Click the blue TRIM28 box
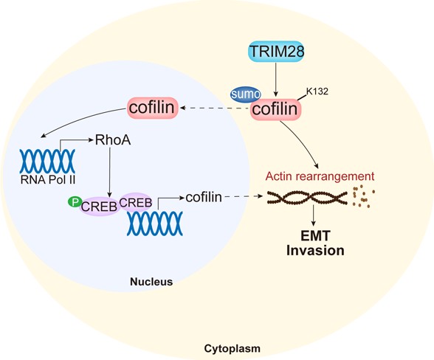276,52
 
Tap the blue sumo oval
246,94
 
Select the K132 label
317,91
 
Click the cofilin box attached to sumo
275,108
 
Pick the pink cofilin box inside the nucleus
152,108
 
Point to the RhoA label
113,139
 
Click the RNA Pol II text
48,180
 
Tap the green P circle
75,202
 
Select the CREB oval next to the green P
100,207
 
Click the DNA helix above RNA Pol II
47,162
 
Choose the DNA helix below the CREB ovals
155,224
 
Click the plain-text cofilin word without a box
204,197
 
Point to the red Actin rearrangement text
320,176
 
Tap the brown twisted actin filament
307,198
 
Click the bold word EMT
316,236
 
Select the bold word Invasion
316,250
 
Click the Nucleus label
151,282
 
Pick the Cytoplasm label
232,349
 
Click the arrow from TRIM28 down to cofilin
276,80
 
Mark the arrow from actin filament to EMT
313,215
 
